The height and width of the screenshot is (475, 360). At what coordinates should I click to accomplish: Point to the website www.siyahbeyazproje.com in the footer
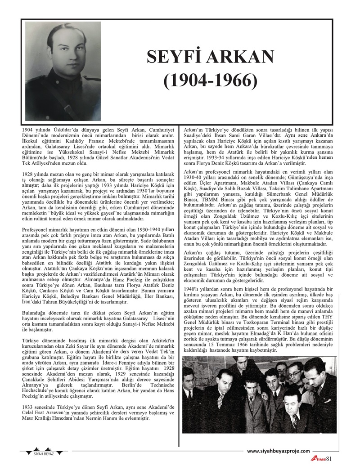tap(279, 451)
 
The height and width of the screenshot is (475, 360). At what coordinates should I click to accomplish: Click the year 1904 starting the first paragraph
tap(28, 130)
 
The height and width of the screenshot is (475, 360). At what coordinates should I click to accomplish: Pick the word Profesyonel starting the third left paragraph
tap(37, 229)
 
